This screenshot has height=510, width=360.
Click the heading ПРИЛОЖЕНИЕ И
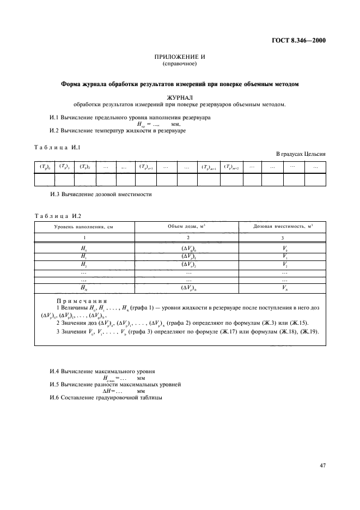click(180, 57)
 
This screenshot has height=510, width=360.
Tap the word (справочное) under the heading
click(180, 64)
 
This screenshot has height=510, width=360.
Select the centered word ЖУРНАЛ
click(180, 98)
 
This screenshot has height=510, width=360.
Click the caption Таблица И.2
click(58, 216)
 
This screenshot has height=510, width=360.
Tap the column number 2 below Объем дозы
click(187, 238)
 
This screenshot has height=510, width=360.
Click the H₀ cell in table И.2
click(84, 248)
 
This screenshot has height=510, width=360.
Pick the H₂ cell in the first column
click(84, 264)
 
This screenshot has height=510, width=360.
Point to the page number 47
click(322, 465)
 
